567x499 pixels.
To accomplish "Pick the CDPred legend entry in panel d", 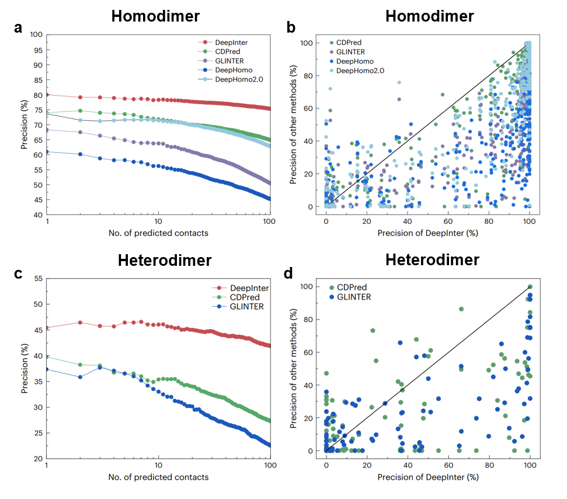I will (350, 287).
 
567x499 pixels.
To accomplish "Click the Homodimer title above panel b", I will (429, 16).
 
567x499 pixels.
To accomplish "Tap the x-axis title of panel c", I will (158, 477).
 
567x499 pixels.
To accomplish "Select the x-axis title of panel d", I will (428, 477).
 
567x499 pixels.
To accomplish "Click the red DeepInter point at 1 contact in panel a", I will (46, 94).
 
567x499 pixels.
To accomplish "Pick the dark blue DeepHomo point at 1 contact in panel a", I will (46, 152).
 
